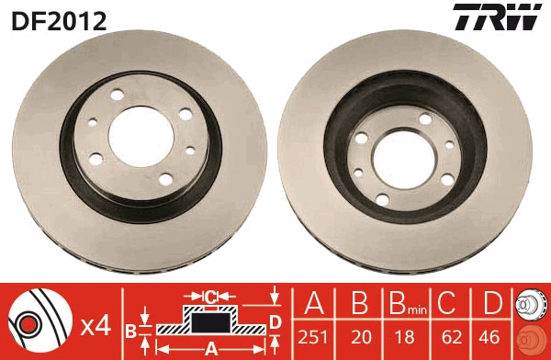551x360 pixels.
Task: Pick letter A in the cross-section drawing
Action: [210, 349]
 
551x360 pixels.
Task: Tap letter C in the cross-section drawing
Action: [210, 296]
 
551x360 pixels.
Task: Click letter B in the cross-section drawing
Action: [130, 330]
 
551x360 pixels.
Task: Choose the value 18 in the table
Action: [404, 336]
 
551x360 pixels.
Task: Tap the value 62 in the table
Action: [448, 336]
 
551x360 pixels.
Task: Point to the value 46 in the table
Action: [491, 336]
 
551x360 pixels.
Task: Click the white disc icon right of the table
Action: [532, 304]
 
